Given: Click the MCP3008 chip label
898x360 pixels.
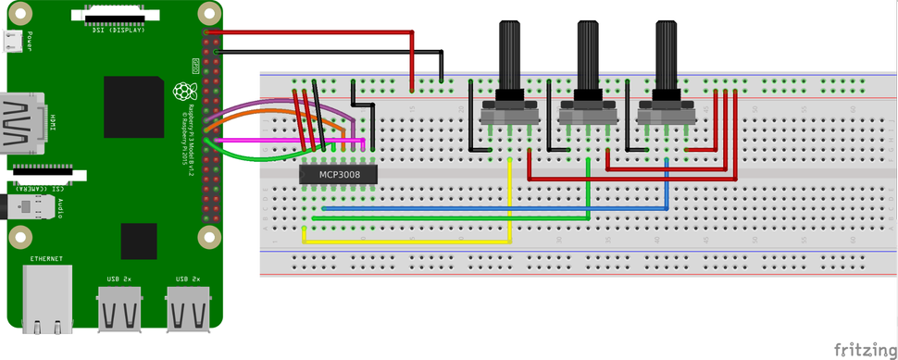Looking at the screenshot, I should [339, 173].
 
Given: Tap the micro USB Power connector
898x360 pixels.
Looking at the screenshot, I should [13, 41].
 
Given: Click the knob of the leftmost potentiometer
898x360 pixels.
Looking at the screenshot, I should [510, 56].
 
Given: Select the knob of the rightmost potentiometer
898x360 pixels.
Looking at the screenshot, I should [666, 56].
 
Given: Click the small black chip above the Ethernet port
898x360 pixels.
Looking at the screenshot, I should [139, 241].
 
